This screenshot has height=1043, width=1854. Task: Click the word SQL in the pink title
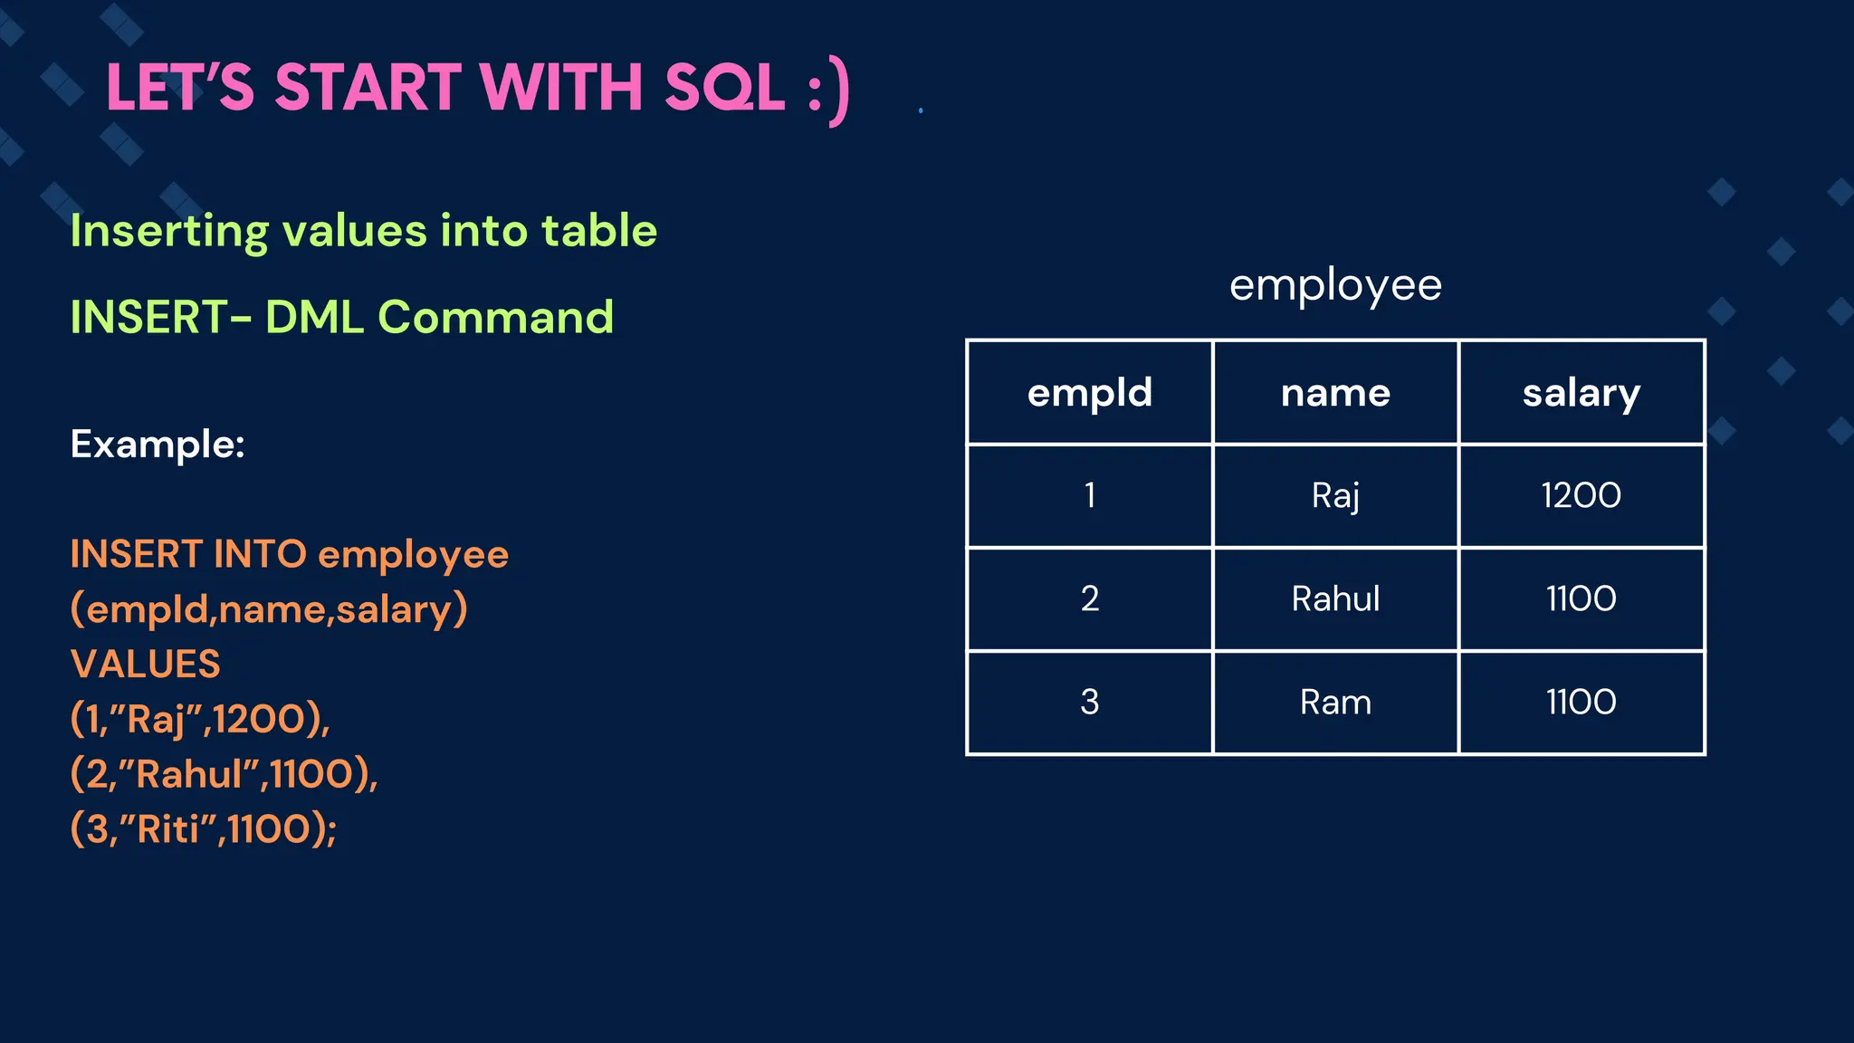tap(724, 88)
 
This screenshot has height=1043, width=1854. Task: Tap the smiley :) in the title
tap(828, 91)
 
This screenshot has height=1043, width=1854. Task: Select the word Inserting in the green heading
tap(168, 232)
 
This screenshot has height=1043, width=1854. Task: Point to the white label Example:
tap(158, 445)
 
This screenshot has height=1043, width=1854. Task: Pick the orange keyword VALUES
tap(145, 665)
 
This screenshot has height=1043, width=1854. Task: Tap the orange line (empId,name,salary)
tap(269, 609)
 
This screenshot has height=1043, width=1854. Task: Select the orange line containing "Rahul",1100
tap(224, 774)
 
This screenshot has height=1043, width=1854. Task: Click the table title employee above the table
tap(1334, 286)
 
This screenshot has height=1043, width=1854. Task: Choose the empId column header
tap(1089, 393)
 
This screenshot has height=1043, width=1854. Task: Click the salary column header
tap(1581, 393)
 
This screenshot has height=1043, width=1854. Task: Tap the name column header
tap(1335, 393)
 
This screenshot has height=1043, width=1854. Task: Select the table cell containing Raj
tap(1335, 496)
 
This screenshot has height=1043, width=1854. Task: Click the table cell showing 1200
tap(1581, 496)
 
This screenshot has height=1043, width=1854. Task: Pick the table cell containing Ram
tap(1335, 703)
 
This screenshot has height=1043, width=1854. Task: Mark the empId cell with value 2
tap(1089, 598)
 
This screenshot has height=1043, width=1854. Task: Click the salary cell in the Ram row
tap(1581, 703)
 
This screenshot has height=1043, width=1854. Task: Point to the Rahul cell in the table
tap(1335, 598)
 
